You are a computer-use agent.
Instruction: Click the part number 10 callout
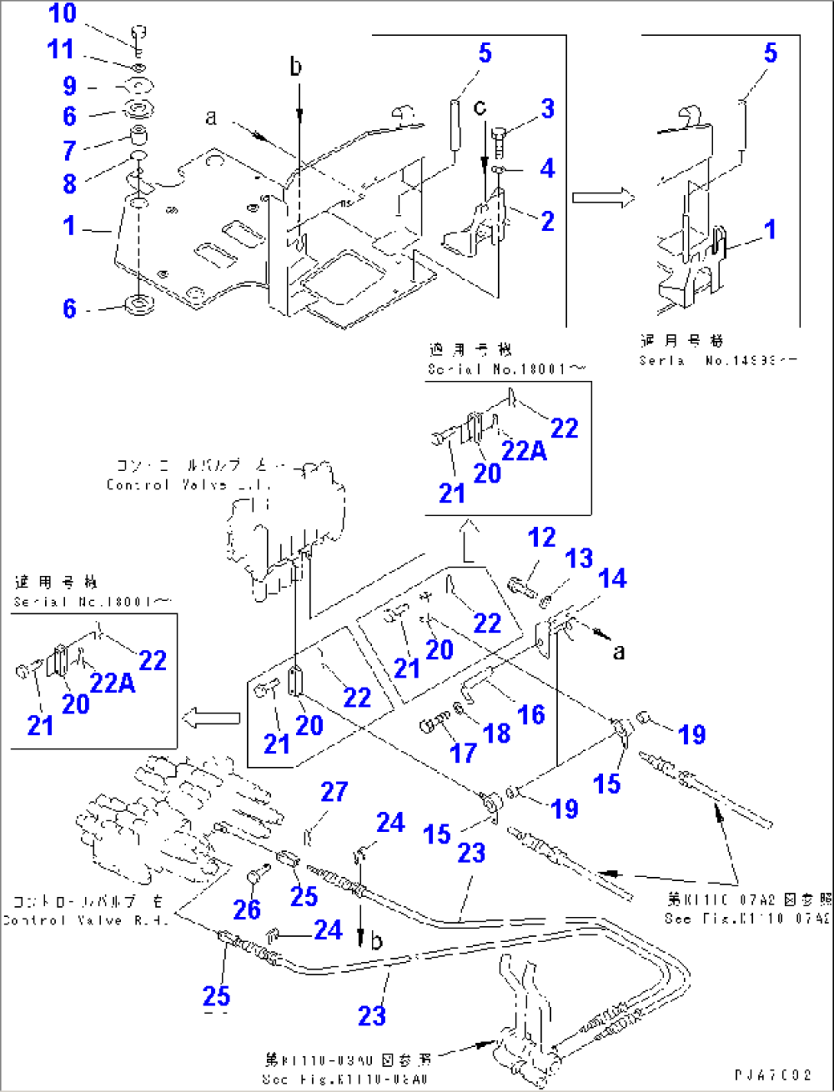[62, 13]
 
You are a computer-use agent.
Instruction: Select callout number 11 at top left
[60, 49]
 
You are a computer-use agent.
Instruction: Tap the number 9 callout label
[70, 86]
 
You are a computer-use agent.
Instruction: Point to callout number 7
[70, 150]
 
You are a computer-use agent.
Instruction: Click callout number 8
[70, 184]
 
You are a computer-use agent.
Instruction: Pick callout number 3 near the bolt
[547, 109]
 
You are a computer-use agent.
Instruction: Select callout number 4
[547, 168]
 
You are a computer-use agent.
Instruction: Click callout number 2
[547, 221]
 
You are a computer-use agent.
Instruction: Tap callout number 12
[541, 538]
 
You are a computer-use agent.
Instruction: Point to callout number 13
[578, 558]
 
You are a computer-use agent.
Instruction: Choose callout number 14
[612, 579]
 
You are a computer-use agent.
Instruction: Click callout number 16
[531, 715]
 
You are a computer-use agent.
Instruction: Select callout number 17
[463, 753]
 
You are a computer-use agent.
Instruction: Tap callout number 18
[497, 733]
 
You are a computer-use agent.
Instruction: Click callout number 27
[334, 791]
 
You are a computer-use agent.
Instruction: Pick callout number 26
[247, 909]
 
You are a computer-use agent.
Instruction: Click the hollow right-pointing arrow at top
[604, 198]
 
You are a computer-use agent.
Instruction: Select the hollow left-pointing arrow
[212, 718]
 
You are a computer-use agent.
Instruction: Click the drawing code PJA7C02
[773, 1074]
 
